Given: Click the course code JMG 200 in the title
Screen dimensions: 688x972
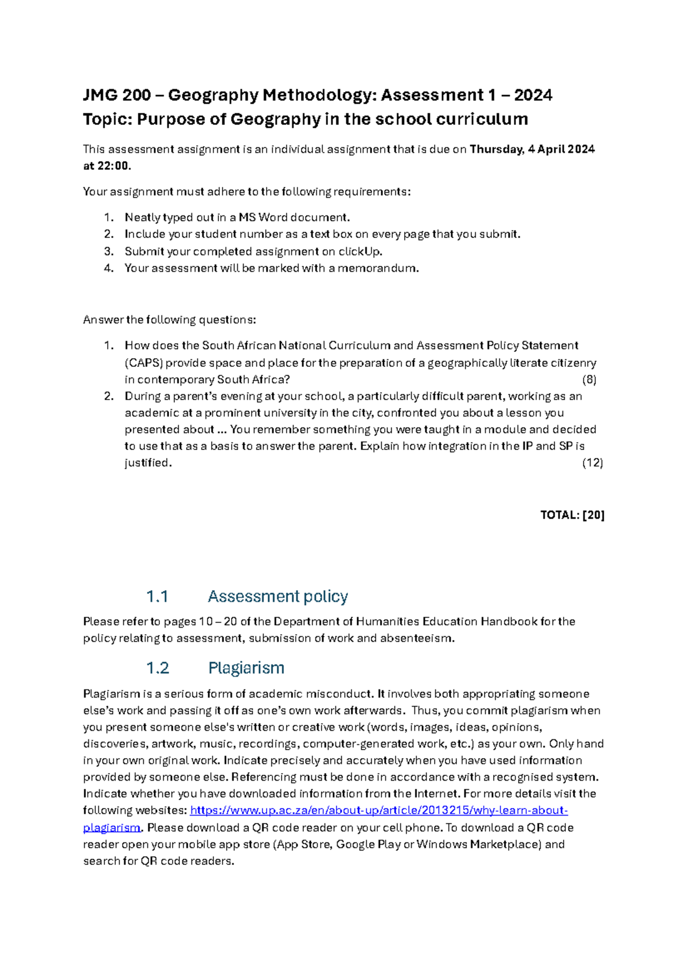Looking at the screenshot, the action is [117, 95].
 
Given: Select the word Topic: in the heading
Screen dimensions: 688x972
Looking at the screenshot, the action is [107, 119].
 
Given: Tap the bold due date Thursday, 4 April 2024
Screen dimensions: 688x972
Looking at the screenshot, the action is [532, 150].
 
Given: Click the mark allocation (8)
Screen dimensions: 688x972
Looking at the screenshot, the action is [589, 379].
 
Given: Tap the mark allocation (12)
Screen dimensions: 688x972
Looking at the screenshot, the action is [592, 463].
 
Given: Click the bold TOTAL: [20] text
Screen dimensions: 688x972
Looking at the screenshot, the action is [572, 515].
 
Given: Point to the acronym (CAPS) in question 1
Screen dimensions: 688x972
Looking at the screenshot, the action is [144, 363].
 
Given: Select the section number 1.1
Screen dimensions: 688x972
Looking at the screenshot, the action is [157, 597].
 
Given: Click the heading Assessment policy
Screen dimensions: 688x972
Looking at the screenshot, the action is [277, 597].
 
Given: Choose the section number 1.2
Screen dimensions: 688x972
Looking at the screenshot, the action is [157, 668].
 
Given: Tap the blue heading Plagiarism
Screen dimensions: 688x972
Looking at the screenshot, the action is [246, 668].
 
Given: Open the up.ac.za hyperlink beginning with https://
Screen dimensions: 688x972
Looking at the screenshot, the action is [378, 810].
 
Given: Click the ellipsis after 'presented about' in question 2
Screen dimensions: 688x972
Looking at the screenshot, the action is [222, 430].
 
